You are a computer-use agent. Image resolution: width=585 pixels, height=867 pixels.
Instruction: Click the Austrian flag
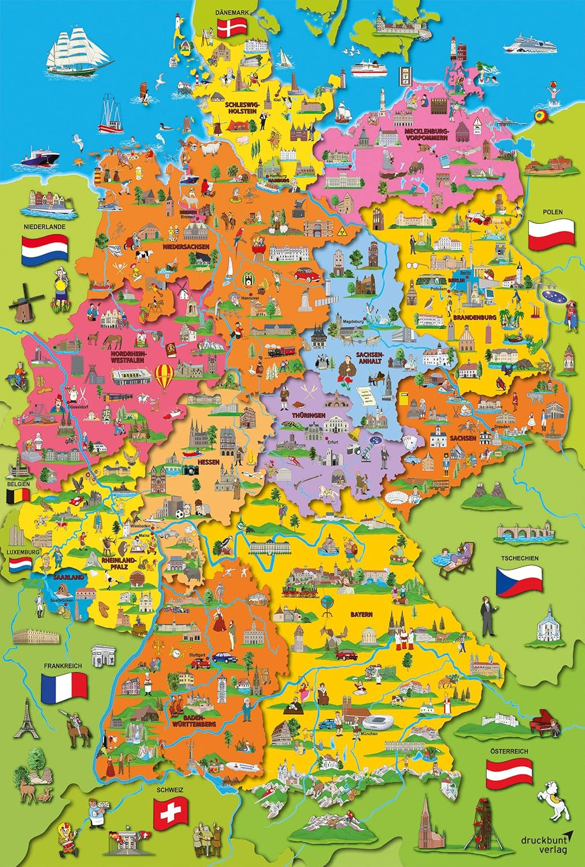[509, 773]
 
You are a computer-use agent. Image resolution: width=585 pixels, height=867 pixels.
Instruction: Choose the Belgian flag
[18, 495]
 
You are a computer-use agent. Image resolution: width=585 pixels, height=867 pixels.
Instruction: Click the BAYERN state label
[361, 614]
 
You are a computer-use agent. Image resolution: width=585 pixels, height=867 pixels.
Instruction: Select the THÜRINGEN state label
[309, 415]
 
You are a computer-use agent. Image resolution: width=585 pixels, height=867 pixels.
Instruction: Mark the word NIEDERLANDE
[45, 227]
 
